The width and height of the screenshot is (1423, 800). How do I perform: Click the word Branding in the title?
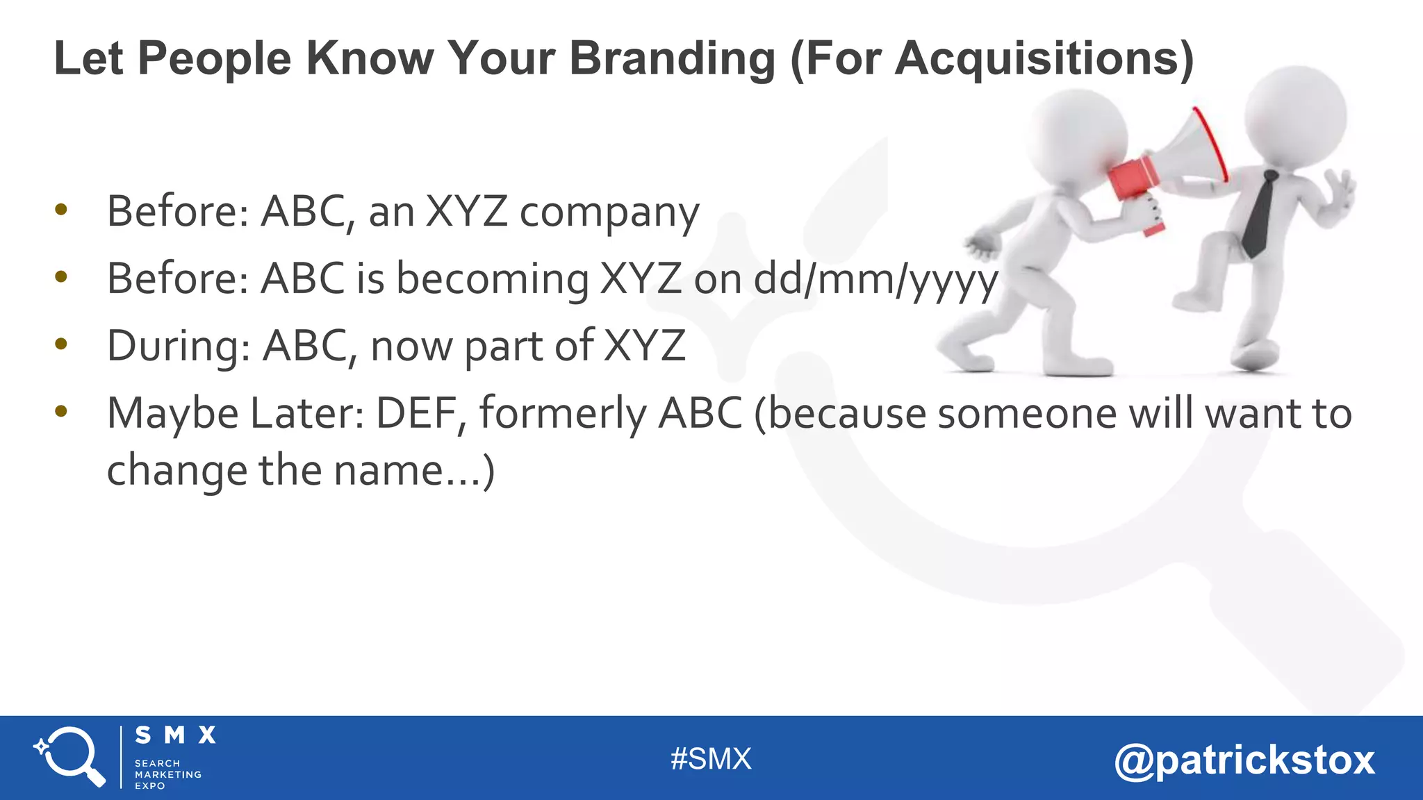click(672, 58)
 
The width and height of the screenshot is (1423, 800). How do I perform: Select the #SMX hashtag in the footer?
click(711, 759)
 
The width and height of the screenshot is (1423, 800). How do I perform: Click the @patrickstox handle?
click(1244, 760)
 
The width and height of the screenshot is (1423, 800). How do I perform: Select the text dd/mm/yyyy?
click(876, 280)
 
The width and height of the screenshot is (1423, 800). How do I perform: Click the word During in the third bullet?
click(178, 346)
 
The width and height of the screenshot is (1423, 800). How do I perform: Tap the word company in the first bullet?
click(609, 212)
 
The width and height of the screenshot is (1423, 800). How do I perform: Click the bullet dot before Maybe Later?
click(61, 412)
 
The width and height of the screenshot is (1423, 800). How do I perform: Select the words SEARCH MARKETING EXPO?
click(167, 774)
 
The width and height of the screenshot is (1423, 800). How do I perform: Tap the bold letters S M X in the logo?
click(175, 735)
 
